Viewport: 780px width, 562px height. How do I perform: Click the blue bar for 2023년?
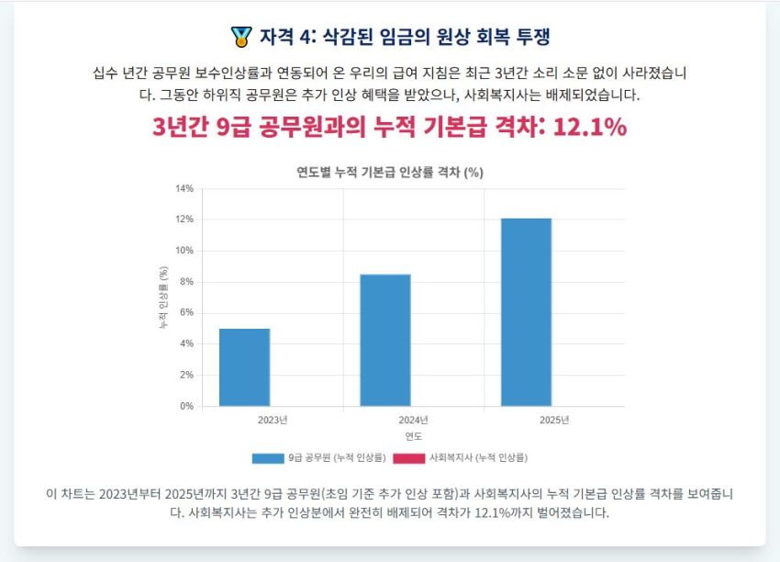point(244,367)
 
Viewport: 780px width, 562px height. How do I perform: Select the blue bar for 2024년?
point(385,340)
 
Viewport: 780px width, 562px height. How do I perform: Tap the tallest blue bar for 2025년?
point(526,312)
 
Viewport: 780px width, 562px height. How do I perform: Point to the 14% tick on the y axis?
point(184,188)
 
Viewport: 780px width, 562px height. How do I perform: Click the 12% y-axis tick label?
point(184,219)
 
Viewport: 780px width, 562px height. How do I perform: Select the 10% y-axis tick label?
point(184,251)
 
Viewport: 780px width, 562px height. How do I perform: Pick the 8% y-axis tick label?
point(185,282)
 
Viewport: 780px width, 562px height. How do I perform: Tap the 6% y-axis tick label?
point(185,312)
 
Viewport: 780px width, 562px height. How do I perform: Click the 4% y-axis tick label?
point(185,343)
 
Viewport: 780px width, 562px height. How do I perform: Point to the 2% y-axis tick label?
point(185,375)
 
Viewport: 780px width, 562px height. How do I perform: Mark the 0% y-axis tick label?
point(185,406)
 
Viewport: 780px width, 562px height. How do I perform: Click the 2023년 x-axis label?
point(273,420)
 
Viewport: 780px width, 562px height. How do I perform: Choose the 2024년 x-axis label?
point(414,420)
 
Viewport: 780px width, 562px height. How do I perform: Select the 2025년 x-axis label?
point(554,420)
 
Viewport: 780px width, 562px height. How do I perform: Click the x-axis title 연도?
point(414,436)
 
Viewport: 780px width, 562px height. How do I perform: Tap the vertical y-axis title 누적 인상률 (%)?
point(162,298)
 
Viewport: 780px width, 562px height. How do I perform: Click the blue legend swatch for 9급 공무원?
point(268,457)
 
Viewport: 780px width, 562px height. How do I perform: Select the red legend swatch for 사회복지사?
point(409,457)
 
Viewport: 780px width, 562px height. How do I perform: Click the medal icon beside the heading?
point(241,38)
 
